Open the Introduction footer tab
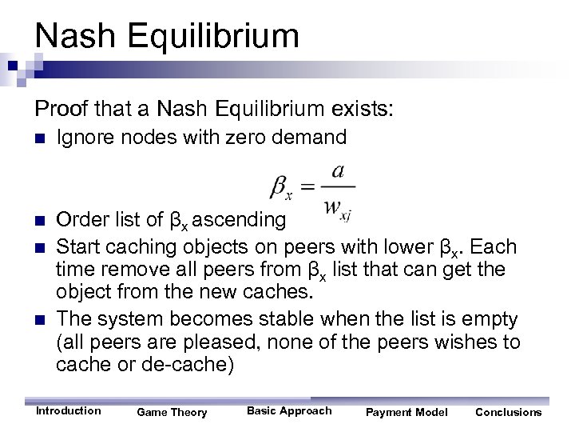tap(69, 411)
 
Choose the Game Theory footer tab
tap(172, 413)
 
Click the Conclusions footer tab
tap(508, 413)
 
